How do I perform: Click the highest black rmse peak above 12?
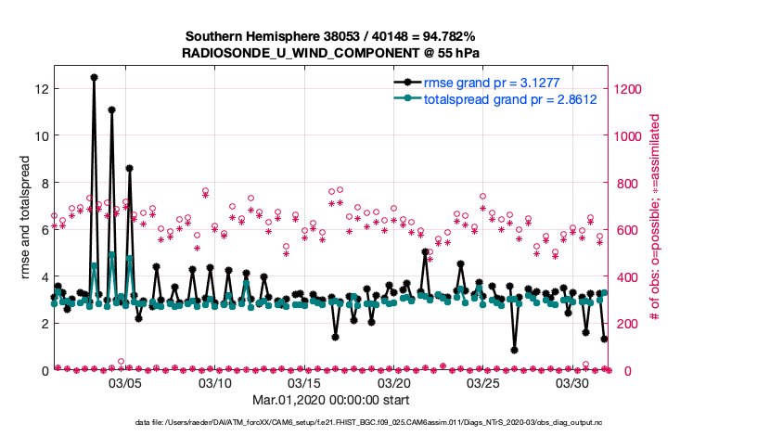coord(94,78)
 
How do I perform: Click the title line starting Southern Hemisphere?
coord(331,37)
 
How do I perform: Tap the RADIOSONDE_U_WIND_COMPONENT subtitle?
coord(331,53)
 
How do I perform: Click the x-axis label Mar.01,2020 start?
coord(331,400)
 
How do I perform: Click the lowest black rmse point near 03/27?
coord(514,351)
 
